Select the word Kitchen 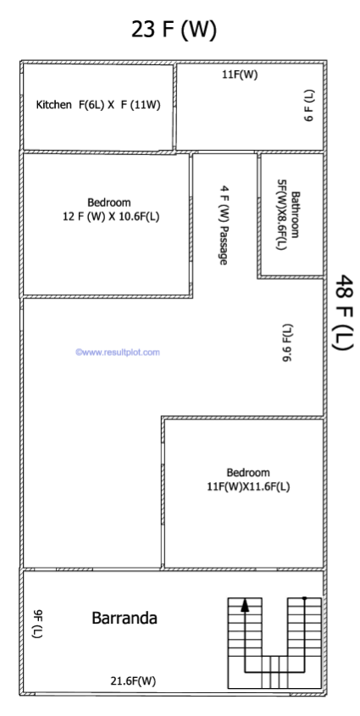54,105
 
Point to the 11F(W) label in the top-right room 240,75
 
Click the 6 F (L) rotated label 309,105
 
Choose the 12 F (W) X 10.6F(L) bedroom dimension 111,217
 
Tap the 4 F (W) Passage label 224,225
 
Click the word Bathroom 296,214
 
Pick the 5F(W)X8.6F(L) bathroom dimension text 281,214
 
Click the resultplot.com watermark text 118,352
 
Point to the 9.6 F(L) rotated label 287,342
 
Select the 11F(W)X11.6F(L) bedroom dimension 248,486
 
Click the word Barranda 125,619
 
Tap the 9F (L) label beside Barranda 37,624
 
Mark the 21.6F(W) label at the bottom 133,681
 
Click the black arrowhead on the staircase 246,605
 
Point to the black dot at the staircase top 304,597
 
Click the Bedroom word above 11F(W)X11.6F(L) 248,473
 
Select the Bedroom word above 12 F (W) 109,203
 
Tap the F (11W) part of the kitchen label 141,105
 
